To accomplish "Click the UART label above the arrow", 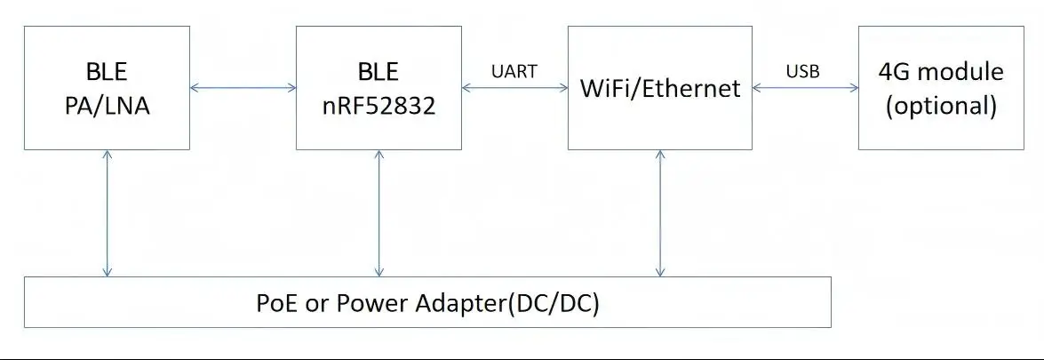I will (x=514, y=71).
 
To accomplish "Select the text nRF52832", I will (x=379, y=106).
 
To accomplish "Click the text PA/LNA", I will (x=107, y=106).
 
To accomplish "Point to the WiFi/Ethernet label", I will (x=659, y=89).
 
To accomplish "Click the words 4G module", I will (x=941, y=71).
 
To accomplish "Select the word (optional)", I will (x=941, y=106).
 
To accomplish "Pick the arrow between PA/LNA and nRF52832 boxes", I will (x=243, y=87).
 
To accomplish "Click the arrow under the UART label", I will (x=515, y=87).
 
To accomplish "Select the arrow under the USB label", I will (x=804, y=87).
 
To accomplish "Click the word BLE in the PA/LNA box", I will (x=107, y=71).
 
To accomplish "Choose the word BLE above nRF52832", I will (x=379, y=71).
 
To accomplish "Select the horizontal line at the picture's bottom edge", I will (x=522, y=358).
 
